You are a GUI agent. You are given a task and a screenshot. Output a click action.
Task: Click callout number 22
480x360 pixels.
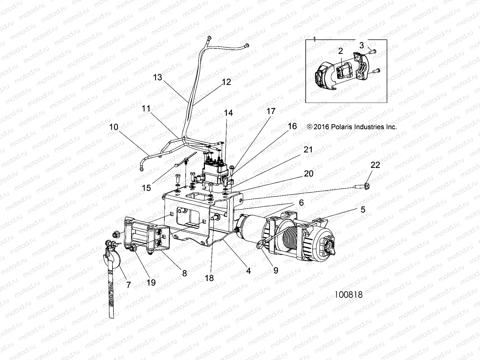[x=375, y=165]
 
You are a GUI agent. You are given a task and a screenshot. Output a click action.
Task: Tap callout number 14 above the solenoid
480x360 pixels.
[x=228, y=113]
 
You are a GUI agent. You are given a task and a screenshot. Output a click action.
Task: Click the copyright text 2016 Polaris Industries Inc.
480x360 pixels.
[x=352, y=127]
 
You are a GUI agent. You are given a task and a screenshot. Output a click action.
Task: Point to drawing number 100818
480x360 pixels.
[x=349, y=295]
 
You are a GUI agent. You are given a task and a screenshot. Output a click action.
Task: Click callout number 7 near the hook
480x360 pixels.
[x=129, y=285]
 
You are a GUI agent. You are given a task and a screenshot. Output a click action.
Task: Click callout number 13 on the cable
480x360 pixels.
[x=157, y=77]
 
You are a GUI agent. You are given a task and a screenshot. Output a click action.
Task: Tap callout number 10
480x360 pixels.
[x=114, y=127]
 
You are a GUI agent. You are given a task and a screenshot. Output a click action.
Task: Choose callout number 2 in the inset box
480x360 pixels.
[x=340, y=51]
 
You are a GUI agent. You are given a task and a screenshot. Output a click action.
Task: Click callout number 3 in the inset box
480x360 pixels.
[x=361, y=45]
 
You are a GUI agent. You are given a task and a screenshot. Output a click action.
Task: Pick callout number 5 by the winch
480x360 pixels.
[x=363, y=209]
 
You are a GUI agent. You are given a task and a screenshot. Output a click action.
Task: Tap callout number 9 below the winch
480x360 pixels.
[x=275, y=270]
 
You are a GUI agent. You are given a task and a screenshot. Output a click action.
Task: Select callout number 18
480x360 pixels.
[x=209, y=278]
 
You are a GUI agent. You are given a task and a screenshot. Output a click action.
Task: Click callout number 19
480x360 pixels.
[x=151, y=282]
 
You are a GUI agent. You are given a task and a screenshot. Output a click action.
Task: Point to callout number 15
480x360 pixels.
[x=146, y=188]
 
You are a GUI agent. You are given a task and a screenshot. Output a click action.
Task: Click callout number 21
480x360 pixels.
[x=308, y=150]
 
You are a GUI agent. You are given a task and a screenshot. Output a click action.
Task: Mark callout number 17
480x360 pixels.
[x=271, y=111]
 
